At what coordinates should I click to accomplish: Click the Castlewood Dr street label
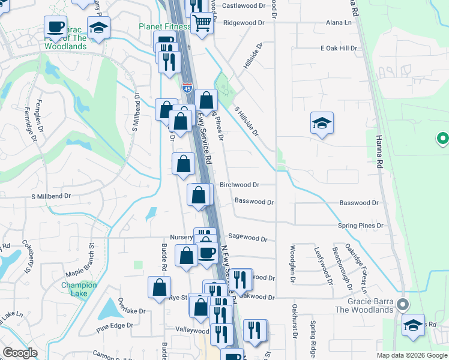pos(243,5)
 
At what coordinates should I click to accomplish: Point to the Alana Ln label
pos(339,23)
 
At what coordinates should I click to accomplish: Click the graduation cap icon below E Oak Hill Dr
pos(322,123)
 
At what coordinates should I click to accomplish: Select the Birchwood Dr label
pos(239,185)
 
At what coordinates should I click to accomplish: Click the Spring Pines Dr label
pos(360,226)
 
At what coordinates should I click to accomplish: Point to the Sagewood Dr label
pos(247,238)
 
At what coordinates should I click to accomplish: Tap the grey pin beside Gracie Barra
pos(403,304)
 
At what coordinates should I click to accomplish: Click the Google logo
pos(20,353)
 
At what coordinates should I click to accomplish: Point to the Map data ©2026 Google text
pos(411,355)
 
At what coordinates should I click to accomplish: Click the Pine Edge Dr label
pos(113,328)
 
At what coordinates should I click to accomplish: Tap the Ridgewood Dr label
pos(243,23)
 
